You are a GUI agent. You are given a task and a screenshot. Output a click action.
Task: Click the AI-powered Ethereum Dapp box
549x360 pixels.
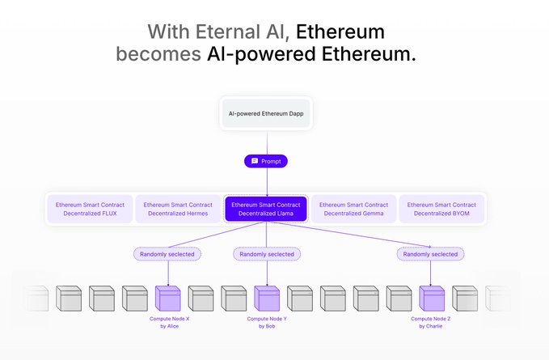point(266,114)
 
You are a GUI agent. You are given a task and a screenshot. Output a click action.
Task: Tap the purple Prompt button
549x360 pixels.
point(266,161)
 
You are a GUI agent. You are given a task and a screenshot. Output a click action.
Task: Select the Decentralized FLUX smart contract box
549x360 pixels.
point(90,209)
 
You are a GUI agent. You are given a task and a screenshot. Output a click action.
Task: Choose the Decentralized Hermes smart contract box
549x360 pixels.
point(178,209)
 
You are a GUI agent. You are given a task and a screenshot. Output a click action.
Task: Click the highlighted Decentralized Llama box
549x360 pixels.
point(266,209)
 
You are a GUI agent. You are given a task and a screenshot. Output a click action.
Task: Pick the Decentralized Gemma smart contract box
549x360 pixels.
point(354,209)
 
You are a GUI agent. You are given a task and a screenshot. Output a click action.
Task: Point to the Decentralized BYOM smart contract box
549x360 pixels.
point(442,209)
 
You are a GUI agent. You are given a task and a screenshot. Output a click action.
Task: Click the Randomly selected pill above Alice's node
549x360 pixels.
point(168,254)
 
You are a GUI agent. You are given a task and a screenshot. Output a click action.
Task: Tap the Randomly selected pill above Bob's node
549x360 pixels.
point(268,254)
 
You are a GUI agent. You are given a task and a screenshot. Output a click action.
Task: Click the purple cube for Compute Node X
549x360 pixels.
point(168,299)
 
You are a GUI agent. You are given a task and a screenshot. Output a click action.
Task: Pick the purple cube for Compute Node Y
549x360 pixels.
point(267,299)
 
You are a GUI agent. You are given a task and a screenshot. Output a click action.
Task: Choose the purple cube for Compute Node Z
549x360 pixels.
point(431,299)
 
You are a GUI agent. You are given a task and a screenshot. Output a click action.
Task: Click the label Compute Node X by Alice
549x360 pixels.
point(169,322)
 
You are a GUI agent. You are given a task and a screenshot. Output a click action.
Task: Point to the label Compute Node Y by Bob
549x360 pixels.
point(267,322)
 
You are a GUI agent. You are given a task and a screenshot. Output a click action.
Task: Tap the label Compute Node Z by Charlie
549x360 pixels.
point(431,322)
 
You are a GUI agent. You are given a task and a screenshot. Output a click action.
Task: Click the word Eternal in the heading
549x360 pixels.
point(235,32)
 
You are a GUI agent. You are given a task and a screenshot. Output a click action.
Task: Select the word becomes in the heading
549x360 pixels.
point(153,55)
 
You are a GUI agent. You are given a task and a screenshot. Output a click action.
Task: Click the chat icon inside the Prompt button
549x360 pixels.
point(254,161)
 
